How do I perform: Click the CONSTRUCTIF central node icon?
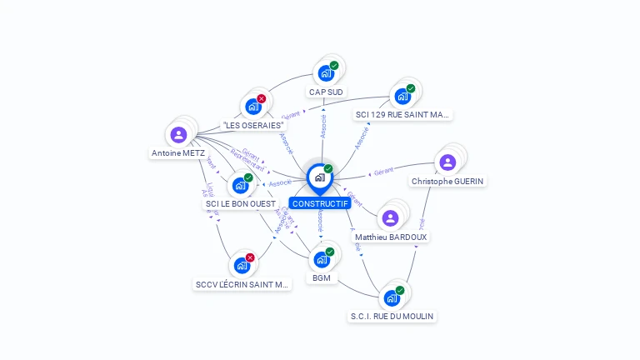tap(320, 177)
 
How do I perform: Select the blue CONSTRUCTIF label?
tap(320, 203)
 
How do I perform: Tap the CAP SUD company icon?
tap(326, 73)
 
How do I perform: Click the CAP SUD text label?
tap(326, 92)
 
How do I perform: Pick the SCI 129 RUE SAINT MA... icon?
tap(402, 96)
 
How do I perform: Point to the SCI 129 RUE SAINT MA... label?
tap(402, 114)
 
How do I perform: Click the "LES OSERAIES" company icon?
tap(252, 107)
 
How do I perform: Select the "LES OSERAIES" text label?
tap(253, 125)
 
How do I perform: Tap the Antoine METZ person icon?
tap(178, 135)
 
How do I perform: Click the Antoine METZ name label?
tap(178, 153)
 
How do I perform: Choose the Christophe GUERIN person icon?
tap(447, 162)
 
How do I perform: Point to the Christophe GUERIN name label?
tap(447, 181)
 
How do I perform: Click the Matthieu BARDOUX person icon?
tap(391, 218)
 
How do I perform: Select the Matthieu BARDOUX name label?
tap(391, 237)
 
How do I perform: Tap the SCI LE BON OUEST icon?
tap(240, 185)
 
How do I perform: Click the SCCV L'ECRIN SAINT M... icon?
tap(242, 266)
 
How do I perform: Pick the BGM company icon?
tap(322, 259)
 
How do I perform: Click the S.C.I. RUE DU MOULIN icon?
tap(392, 297)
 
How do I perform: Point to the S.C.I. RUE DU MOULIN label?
tap(392, 317)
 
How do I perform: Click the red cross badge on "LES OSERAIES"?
tap(261, 99)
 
